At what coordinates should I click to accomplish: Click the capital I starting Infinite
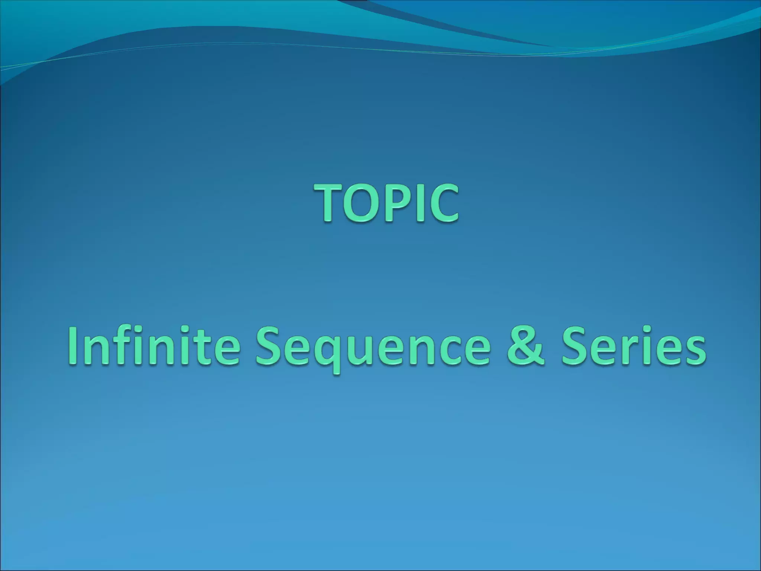pos(73,346)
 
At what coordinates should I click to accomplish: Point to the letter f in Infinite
pos(127,344)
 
